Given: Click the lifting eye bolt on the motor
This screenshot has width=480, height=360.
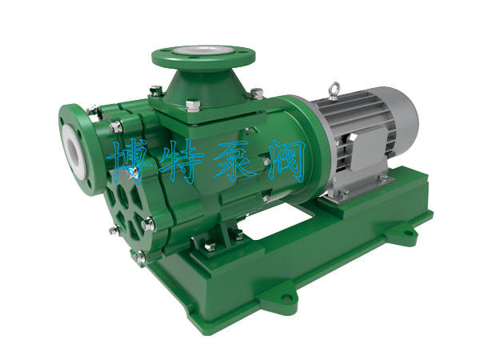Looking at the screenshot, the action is click(x=334, y=90).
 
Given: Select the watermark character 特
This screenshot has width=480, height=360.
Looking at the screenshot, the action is click(x=182, y=162).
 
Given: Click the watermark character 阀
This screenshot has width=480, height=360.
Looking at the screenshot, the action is click(x=286, y=161).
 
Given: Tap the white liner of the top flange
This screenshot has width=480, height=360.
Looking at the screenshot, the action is click(x=203, y=51).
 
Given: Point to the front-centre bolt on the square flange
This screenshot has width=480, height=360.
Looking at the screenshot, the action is click(x=194, y=106).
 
